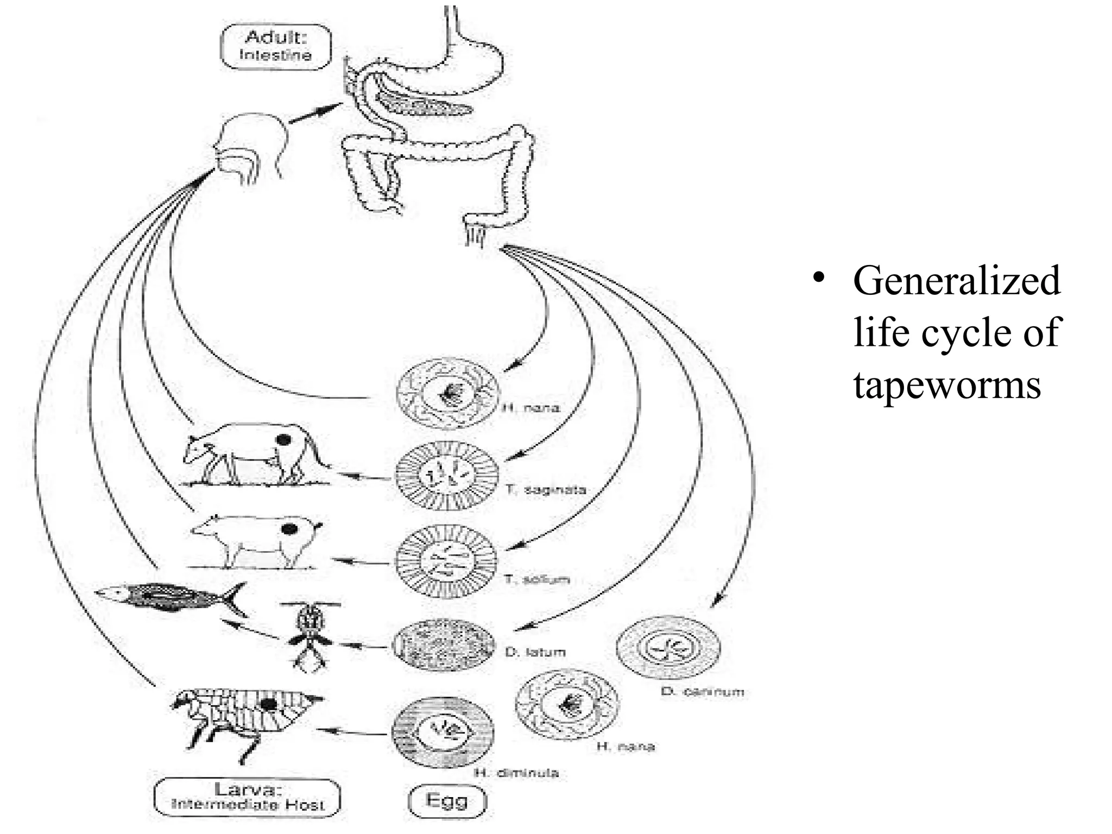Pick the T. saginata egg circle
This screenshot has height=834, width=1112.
446,475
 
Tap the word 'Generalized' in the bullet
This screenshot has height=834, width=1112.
956,281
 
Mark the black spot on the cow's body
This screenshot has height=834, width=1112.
283,439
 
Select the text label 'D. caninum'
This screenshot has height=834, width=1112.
702,692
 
